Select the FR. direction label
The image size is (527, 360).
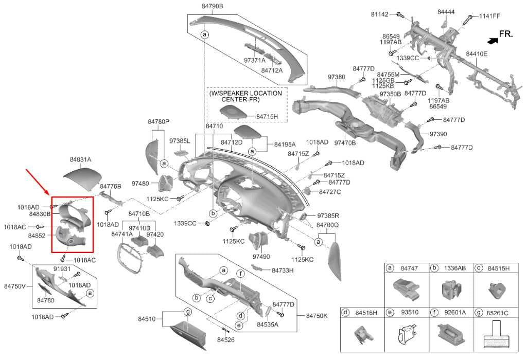[506, 34]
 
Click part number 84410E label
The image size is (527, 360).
[477, 53]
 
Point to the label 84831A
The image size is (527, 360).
[80, 159]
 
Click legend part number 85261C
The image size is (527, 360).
[497, 312]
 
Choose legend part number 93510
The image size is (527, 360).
[410, 312]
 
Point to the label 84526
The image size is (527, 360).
[225, 340]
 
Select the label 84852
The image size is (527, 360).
[38, 236]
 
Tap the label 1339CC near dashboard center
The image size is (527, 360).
[185, 223]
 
